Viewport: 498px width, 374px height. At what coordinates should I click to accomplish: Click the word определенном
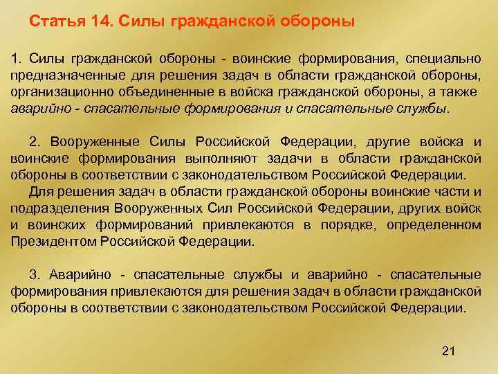[442, 225]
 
